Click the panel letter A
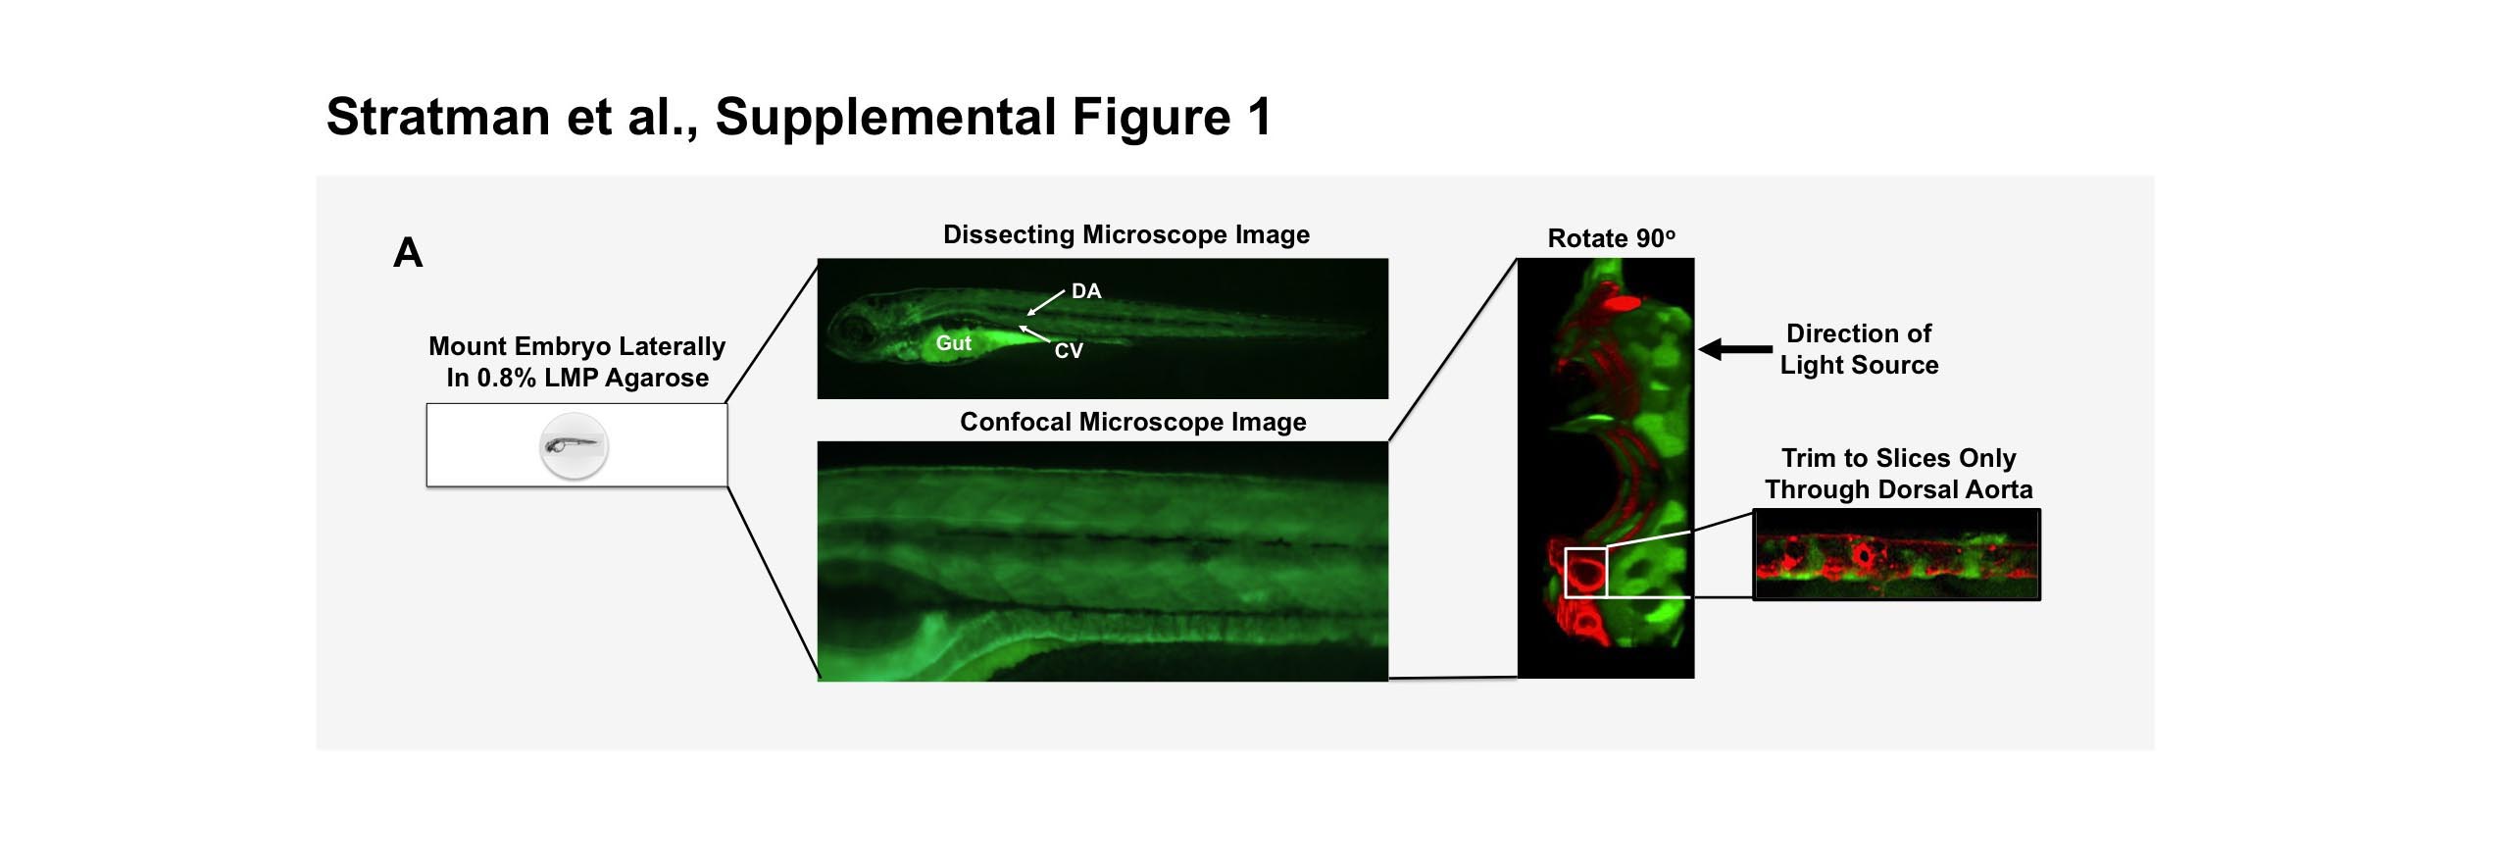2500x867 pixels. (x=408, y=253)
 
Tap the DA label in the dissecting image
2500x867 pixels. (x=1086, y=291)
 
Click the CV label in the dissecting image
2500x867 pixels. (x=1069, y=351)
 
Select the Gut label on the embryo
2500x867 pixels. (x=953, y=343)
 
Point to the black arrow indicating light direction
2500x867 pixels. (x=1735, y=349)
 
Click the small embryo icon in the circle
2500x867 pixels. (x=575, y=446)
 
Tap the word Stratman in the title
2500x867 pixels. (x=438, y=117)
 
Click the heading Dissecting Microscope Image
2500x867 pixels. (x=1126, y=235)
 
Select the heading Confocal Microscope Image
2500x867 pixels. (x=1133, y=423)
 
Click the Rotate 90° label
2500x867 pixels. (x=1612, y=238)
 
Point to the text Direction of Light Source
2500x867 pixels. (x=1859, y=349)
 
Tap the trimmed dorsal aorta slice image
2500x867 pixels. (x=1896, y=554)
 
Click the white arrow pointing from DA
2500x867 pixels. (x=1045, y=303)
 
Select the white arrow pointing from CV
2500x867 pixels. (x=1034, y=334)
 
